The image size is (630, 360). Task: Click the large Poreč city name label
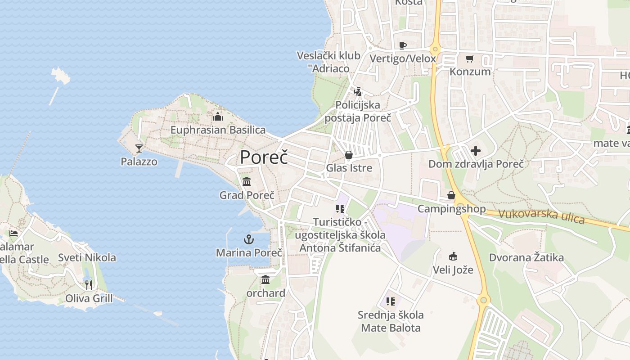[x=264, y=157]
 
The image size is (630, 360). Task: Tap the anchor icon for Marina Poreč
[x=249, y=239]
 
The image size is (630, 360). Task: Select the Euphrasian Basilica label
[x=218, y=130]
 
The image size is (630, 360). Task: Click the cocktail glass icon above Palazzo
[x=139, y=148]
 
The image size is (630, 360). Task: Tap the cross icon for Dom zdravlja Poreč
[x=476, y=151]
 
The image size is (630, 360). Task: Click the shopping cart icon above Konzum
[x=470, y=58]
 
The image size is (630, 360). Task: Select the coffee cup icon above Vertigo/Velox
[x=403, y=45]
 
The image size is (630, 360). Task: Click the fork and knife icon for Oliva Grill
[x=89, y=285]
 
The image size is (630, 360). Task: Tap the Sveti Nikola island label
[x=87, y=258]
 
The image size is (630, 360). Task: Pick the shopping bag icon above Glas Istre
[x=349, y=155]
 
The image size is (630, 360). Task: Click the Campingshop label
[x=451, y=209]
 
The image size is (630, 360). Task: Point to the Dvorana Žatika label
[x=526, y=258]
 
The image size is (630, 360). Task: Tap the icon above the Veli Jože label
[x=453, y=256]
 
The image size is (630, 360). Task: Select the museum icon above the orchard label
[x=265, y=280]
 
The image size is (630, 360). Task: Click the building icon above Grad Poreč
[x=247, y=182]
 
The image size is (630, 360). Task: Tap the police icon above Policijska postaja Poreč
[x=358, y=92]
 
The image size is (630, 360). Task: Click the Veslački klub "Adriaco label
[x=328, y=62]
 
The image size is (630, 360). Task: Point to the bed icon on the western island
[x=13, y=233]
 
